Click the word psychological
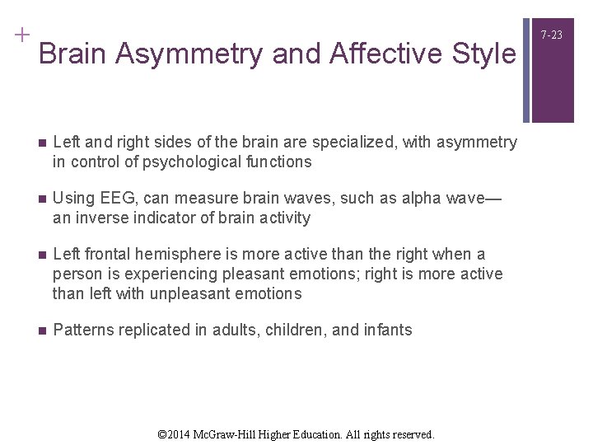[x=184, y=162]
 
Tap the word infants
[x=385, y=330]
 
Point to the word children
[x=300, y=330]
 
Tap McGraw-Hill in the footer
[x=236, y=433]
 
